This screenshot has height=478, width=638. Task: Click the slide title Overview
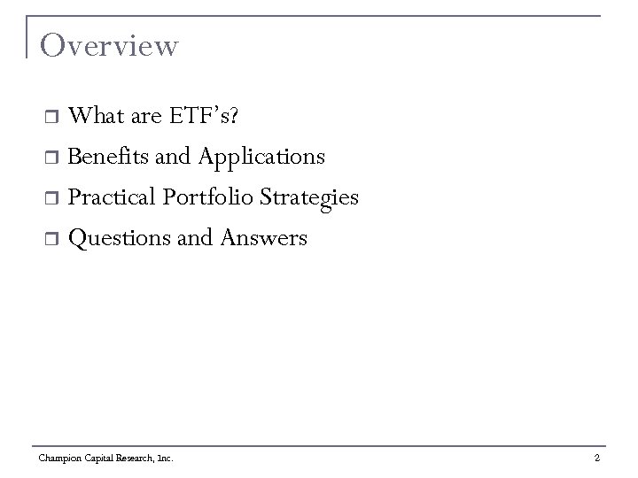pyautogui.click(x=109, y=46)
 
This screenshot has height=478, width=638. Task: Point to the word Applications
pyautogui.click(x=261, y=158)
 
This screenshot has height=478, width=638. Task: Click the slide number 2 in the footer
pyautogui.click(x=597, y=458)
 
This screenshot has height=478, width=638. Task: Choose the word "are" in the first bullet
pyautogui.click(x=142, y=117)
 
